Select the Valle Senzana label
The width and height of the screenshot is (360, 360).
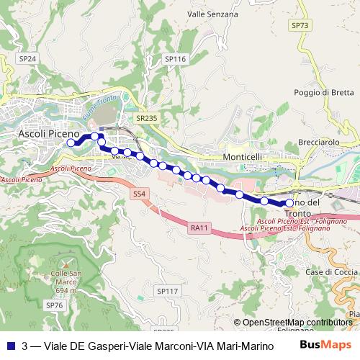[x=212, y=14]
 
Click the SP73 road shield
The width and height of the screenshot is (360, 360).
[x=300, y=25]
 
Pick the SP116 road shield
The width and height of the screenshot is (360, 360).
[x=175, y=59]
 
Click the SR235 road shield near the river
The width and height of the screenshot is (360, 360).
[x=146, y=117]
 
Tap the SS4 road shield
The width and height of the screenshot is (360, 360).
[x=139, y=194]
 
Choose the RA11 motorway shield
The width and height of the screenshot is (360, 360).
[x=199, y=228]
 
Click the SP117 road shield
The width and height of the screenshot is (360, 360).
[x=166, y=291]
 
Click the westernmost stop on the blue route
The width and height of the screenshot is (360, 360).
[x=71, y=143]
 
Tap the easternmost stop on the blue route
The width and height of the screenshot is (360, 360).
[x=289, y=203]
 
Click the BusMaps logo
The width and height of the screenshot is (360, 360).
[x=325, y=345]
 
